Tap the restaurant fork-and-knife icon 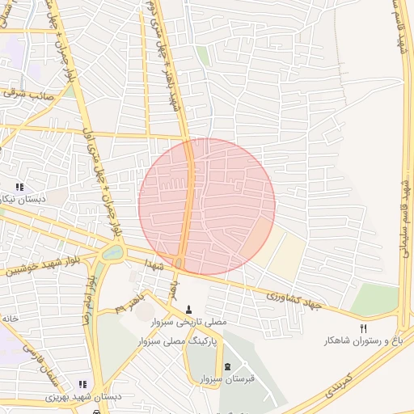[363, 328]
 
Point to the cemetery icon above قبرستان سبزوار [227, 366]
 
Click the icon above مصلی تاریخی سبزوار [189, 309]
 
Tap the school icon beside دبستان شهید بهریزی [82, 384]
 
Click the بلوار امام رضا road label [87, 298]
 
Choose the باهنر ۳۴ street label [130, 302]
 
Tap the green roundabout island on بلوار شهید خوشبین [112, 253]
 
